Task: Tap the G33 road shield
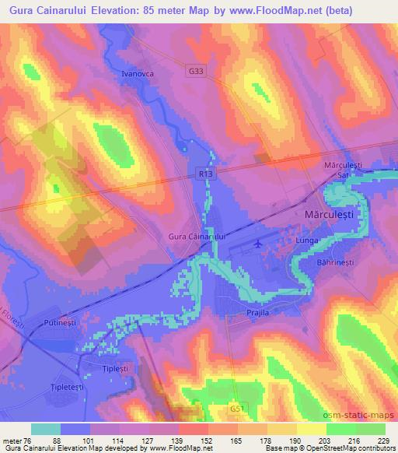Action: pos(197,71)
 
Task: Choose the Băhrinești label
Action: pos(337,263)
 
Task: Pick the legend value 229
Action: pos(381,441)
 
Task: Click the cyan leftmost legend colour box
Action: pos(46,429)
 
